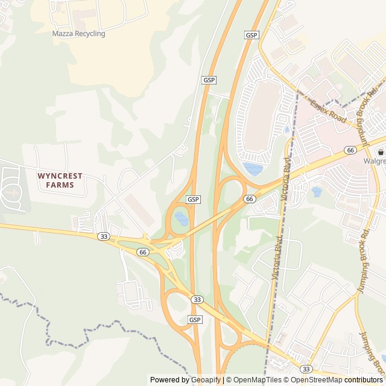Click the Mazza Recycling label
pos(78,34)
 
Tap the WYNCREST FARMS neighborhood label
pos(60,180)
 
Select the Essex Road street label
pos(328,112)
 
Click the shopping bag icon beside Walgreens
pos(381,152)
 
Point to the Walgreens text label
pos(373,162)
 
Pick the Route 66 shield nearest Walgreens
pos(350,150)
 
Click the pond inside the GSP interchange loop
pos(181,218)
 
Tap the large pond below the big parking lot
pos(252,168)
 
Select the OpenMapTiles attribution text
pos(258,380)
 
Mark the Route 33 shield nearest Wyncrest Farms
pos(104,237)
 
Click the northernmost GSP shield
pos(252,35)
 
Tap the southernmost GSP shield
pos(195,319)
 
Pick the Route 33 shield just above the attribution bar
pos(306,369)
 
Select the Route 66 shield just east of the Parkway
pos(250,198)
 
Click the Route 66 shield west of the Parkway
pos(142,252)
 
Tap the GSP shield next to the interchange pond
pos(193,199)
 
